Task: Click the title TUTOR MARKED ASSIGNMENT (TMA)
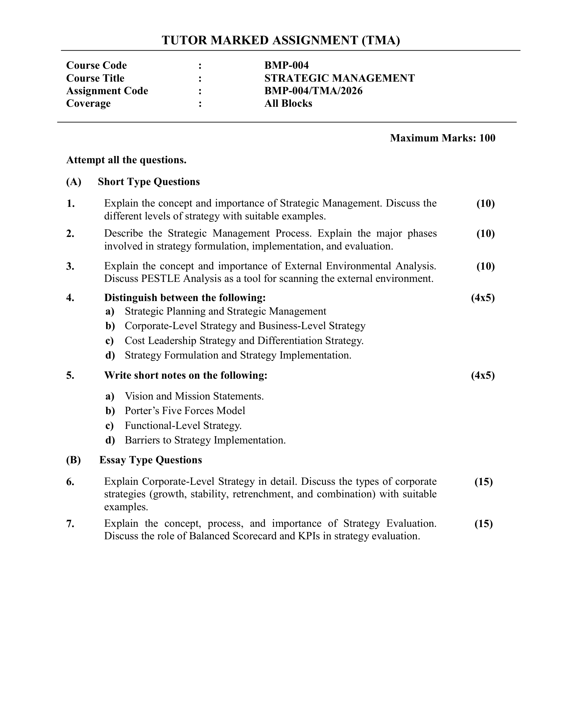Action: [281, 40]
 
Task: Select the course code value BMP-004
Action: [286, 65]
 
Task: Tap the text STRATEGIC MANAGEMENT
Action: [339, 78]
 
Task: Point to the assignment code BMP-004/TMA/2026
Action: [313, 91]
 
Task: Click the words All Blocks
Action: [288, 103]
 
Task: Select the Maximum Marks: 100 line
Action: [442, 138]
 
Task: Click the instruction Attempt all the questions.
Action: [126, 160]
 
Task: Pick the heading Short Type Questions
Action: [148, 182]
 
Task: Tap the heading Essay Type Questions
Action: [150, 460]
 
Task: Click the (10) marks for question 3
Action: [485, 266]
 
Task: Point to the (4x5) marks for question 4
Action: [483, 298]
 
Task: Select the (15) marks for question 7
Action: [483, 524]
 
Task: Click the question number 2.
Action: [70, 234]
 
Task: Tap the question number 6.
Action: [70, 482]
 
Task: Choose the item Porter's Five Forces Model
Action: [185, 411]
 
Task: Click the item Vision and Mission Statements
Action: [194, 396]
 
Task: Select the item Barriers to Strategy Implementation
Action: [205, 440]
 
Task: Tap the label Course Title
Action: [95, 78]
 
